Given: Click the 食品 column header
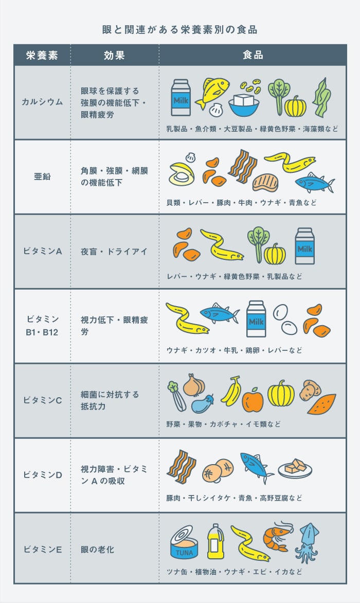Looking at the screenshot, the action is point(253,55).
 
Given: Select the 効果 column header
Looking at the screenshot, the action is point(114,55).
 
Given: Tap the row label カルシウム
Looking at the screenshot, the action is point(42,102).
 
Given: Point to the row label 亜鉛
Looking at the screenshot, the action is point(42,176).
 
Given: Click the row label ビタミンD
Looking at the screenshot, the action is point(42,475).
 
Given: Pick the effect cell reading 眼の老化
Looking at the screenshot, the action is point(97,549).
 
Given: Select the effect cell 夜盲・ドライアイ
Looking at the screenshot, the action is point(114,252).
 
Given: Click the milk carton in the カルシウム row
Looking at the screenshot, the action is point(181,98).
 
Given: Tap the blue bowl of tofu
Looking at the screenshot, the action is point(244,104).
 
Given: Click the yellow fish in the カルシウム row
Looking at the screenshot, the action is point(212,92).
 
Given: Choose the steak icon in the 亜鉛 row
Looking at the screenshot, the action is point(265,182).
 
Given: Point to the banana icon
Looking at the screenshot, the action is point(231,391).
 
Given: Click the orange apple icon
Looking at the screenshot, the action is point(253,400).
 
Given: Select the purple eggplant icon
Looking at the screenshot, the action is point(203,403).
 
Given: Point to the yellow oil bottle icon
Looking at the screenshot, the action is point(215,541).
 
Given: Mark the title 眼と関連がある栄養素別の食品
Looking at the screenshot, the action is point(180,30).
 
